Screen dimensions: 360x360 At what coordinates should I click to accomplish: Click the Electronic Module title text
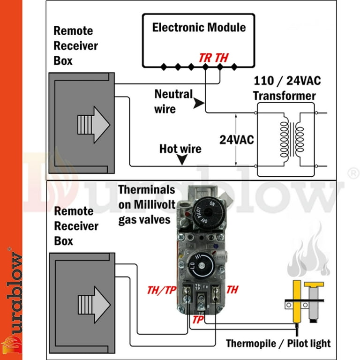tap(199, 27)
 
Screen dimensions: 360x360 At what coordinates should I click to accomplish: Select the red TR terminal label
tap(205, 58)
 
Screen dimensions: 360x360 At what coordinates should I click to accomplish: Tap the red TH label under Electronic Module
tap(222, 58)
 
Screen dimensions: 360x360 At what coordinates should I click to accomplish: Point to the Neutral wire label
tap(173, 101)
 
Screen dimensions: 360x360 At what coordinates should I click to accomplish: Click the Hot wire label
tap(180, 149)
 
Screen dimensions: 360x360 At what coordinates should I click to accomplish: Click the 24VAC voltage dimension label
tap(237, 140)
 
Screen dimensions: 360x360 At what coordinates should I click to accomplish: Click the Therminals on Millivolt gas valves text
tap(147, 204)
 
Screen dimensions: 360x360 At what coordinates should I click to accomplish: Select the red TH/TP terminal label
tap(161, 290)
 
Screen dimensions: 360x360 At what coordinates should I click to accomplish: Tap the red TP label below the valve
tap(199, 319)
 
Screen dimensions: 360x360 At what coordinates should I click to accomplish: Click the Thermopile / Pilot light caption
tap(278, 343)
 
